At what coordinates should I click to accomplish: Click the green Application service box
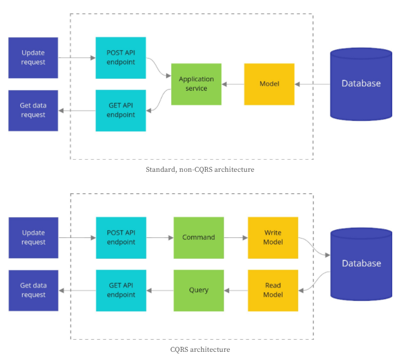(x=196, y=84)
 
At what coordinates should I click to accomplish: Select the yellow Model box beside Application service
(x=269, y=84)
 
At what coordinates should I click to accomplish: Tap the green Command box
(x=199, y=237)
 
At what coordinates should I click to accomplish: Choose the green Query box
(x=199, y=290)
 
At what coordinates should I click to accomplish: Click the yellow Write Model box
(x=273, y=237)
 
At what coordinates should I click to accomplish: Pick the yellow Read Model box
(x=273, y=290)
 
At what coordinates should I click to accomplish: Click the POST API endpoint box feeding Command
(x=121, y=237)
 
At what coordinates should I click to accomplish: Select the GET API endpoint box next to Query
(x=121, y=290)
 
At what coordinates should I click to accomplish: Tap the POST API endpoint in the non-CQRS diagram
(x=121, y=57)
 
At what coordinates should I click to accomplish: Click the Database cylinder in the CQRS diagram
(x=361, y=263)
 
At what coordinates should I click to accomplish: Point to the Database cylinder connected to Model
(x=361, y=84)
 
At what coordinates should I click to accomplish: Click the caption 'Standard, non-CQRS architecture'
(x=200, y=170)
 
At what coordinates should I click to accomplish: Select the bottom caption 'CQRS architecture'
(x=200, y=349)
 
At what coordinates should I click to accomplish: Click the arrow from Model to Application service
(x=233, y=84)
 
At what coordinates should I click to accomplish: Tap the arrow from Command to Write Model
(x=236, y=237)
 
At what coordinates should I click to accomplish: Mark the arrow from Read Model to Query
(x=236, y=290)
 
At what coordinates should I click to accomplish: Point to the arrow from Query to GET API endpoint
(x=160, y=290)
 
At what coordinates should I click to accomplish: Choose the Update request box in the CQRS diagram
(x=33, y=237)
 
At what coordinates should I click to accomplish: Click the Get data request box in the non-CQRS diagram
(x=33, y=110)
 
